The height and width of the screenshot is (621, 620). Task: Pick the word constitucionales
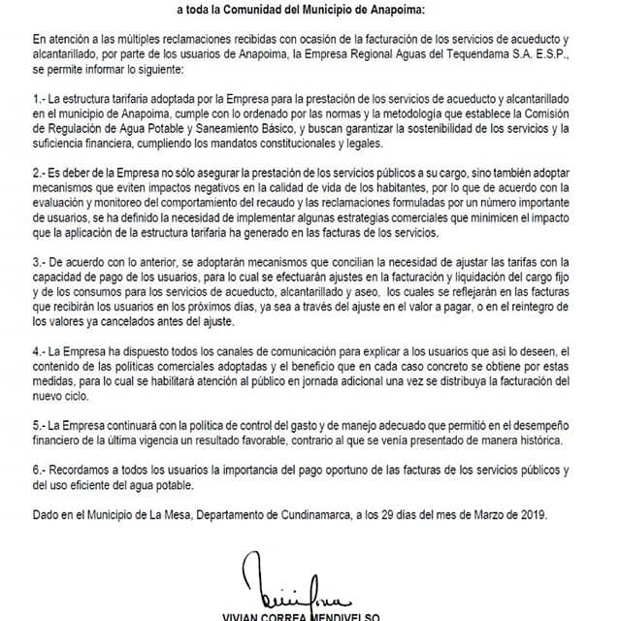click(x=316, y=143)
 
